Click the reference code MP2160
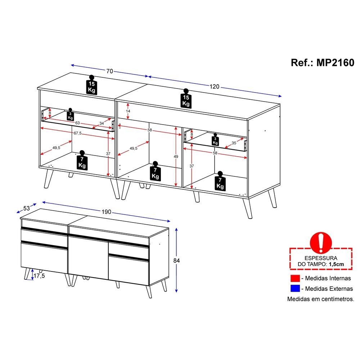335,63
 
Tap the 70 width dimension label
110,71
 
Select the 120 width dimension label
215,86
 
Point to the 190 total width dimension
106,212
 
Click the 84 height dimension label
176,261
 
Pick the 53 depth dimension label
27,208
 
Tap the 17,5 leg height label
39,276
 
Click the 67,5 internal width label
78,133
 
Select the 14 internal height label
128,111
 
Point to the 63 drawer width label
78,123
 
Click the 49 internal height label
176,157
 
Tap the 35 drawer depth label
234,143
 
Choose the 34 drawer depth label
102,123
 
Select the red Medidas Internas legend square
295,278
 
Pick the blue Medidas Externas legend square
295,288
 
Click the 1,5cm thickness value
336,264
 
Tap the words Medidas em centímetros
321,299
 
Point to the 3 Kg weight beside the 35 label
215,139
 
